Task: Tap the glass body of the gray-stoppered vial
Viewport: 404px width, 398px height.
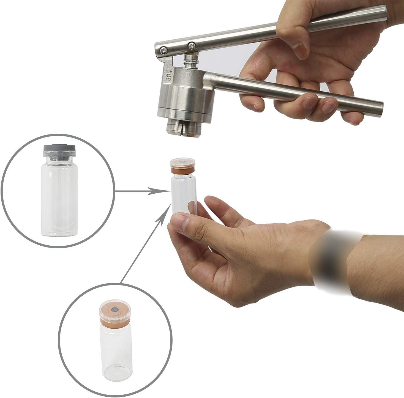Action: coord(59,198)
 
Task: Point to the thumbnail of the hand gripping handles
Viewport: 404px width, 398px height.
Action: coord(300,49)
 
